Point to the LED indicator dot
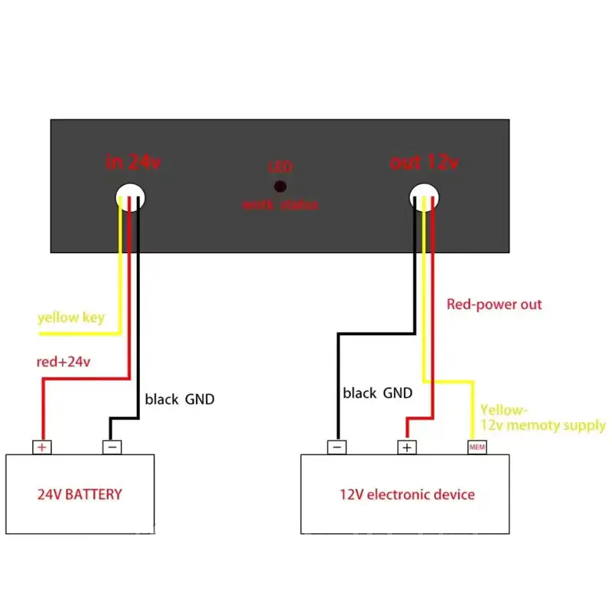coord(281,186)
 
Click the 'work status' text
coord(280,205)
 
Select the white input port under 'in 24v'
coord(131,197)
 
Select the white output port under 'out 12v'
coord(425,197)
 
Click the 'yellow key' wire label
coord(71,317)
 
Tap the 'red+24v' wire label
coord(63,361)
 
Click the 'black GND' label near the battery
coord(180,399)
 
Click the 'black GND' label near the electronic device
coord(377,393)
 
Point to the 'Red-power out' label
coord(493,304)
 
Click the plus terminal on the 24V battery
coord(41,448)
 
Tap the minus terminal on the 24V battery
coord(112,448)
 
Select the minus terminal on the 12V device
coord(337,448)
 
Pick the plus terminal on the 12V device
coord(407,448)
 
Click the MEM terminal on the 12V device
coord(477,448)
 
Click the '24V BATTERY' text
coord(80,494)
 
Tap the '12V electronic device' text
coord(407,494)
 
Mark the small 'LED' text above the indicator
coord(280,167)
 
